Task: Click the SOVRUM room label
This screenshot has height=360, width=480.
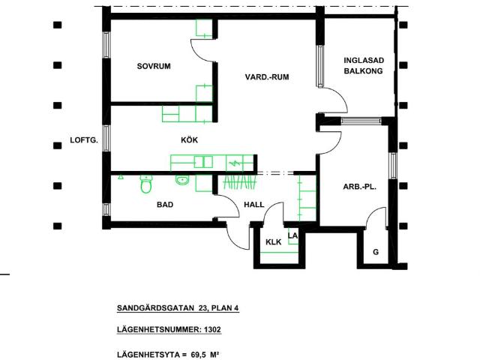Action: point(154,67)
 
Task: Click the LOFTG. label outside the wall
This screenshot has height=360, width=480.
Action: point(84,139)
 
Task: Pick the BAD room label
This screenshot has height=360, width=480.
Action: point(165,204)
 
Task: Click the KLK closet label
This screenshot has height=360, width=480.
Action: point(273,242)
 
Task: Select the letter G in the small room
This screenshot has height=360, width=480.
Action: point(376,252)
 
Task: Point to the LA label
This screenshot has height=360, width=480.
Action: point(293,235)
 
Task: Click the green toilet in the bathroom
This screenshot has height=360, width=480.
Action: point(145,184)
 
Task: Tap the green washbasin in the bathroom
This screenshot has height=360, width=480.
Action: point(181,179)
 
